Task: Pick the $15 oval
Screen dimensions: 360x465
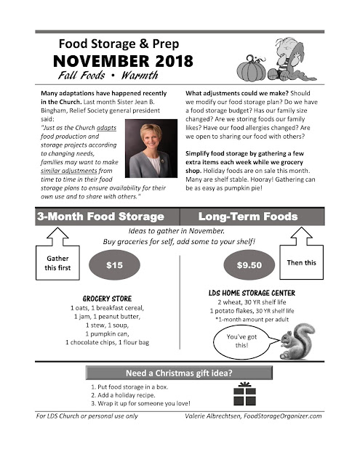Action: point(114,265)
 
